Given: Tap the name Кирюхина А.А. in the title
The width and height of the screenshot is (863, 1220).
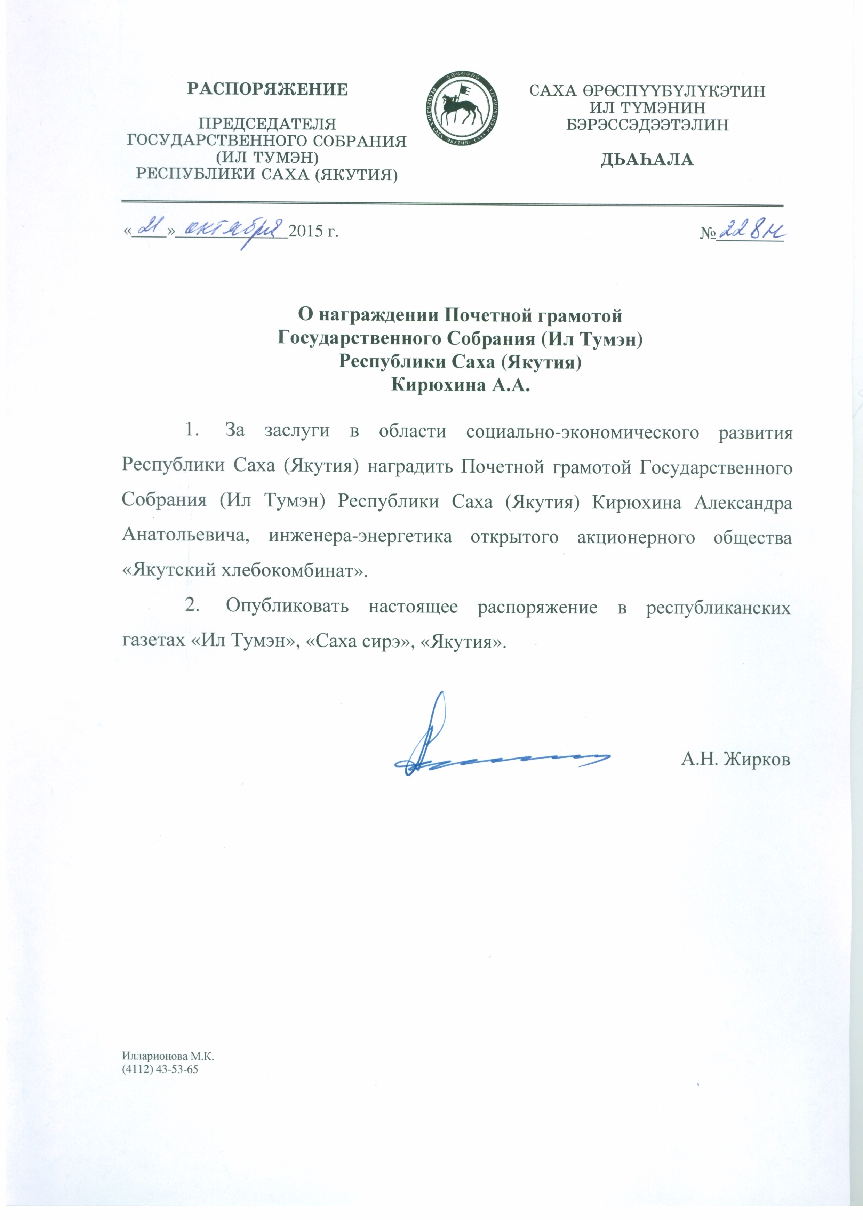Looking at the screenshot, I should [460, 385].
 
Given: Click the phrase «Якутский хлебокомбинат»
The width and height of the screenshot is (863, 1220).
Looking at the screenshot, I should [245, 571].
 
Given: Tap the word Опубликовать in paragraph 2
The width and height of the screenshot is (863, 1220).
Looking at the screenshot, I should [287, 606].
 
